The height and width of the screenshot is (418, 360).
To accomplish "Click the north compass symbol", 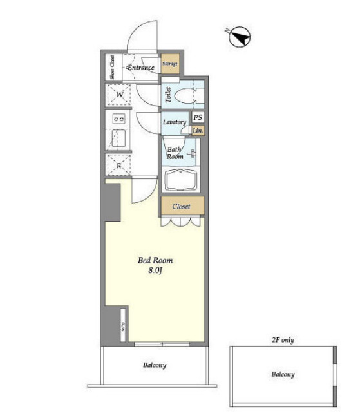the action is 240,37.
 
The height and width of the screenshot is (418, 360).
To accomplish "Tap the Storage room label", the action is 170,64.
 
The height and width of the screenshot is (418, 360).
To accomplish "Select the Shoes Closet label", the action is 112,67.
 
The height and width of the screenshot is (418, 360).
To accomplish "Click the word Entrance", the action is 140,68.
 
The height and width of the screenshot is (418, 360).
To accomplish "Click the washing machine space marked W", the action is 119,95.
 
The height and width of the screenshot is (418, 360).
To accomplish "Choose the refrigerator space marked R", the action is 118,166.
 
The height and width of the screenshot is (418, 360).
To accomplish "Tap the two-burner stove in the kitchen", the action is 119,119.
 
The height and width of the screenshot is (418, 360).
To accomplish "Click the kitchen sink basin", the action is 118,138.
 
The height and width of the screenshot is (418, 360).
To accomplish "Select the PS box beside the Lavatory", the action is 198,117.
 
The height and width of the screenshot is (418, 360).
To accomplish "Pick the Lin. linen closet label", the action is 198,131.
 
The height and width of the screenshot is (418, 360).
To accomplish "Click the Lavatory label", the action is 175,122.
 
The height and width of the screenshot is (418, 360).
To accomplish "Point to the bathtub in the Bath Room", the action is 181,180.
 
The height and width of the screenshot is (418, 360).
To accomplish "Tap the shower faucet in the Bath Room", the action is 192,154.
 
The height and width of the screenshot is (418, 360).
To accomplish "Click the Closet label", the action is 181,206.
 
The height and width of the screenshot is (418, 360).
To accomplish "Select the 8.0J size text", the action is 155,271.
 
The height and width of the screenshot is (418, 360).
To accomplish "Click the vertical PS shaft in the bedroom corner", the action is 123,325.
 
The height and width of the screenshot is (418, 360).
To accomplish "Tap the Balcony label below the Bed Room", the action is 155,365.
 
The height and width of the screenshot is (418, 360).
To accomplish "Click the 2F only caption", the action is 283,340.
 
